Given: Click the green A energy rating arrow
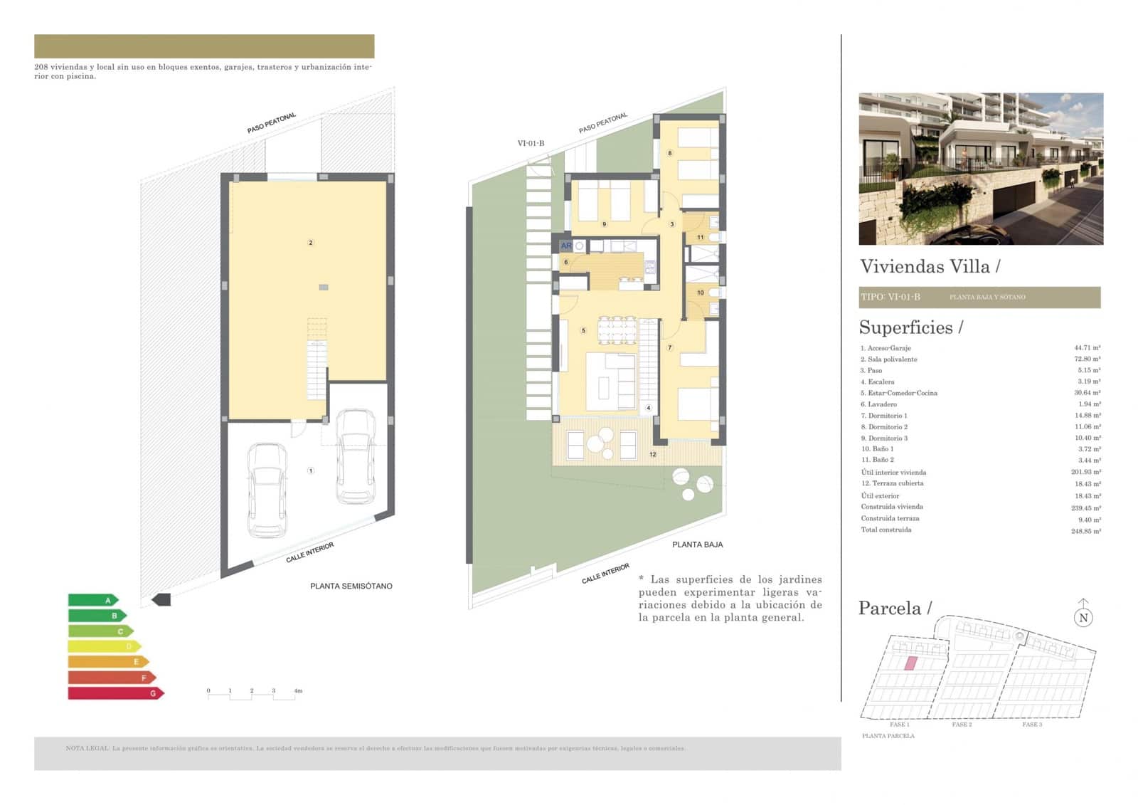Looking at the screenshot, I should coord(92,600).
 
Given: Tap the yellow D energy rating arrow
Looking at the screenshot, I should coord(104,646).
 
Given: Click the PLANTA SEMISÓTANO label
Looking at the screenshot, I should coord(351,586).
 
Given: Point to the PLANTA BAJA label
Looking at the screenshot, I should coord(697,544).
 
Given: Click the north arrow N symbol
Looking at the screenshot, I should coord(1083,616).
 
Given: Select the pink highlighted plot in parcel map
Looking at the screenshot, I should coord(910,663).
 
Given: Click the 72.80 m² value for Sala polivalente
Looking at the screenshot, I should coord(1087,359).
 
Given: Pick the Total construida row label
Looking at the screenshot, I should coord(886,530).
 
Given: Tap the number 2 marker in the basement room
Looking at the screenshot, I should coord(310,243).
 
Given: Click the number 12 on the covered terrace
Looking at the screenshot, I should coord(652,454).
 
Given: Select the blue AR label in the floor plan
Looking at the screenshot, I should coord(566,246).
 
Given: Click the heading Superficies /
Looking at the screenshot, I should coord(910,327).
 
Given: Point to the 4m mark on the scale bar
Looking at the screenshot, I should coord(297,690).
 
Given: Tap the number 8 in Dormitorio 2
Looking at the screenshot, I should coord(669,153).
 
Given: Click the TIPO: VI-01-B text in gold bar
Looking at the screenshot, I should coord(890,297).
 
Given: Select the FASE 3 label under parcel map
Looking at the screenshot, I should coord(1031,725).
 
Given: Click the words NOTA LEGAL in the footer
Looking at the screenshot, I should coord(87,748).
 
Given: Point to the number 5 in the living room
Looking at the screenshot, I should coord(583,330).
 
